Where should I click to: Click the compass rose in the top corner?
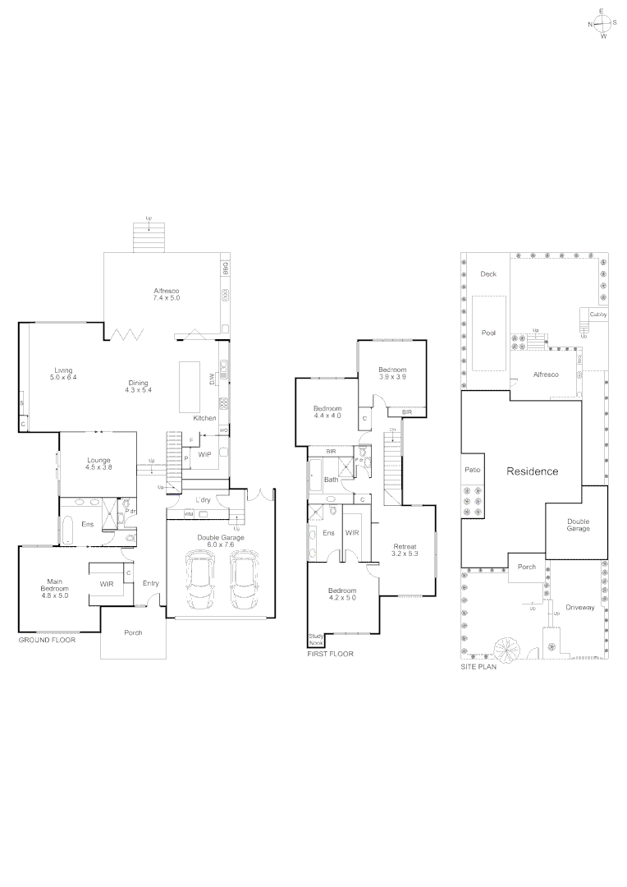[602, 24]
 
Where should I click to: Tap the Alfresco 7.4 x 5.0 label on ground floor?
[166, 294]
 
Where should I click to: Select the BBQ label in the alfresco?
[225, 269]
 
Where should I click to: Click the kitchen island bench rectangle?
[190, 386]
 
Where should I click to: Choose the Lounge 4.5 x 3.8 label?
[98, 463]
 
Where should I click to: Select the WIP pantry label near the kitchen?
[204, 454]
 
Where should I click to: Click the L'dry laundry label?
[204, 499]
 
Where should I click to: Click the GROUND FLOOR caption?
[47, 638]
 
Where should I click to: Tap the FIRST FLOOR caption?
[330, 655]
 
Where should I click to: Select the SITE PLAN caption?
[480, 668]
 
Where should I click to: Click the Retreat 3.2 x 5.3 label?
[405, 550]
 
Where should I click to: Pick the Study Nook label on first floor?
[316, 639]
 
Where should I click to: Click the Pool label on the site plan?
[488, 333]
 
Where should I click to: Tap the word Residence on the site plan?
[532, 471]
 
